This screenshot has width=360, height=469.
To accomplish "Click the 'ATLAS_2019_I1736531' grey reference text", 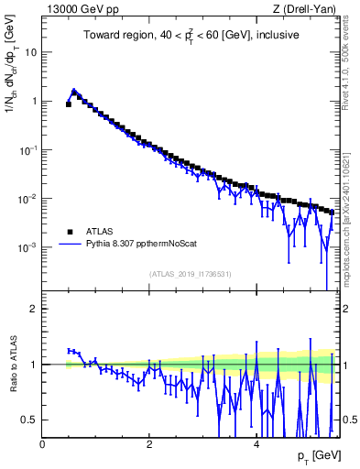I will pos(189,273).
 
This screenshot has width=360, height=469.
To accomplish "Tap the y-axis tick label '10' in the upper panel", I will pos(31,52).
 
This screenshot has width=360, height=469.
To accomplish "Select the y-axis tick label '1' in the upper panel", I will pos(34,102).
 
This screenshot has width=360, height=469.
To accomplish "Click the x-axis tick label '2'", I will pos(149,444).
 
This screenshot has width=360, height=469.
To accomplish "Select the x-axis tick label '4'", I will pos(256,444).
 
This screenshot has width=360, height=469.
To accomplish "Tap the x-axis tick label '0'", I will pos(42,444).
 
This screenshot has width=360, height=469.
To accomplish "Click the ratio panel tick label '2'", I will pos(34,309).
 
